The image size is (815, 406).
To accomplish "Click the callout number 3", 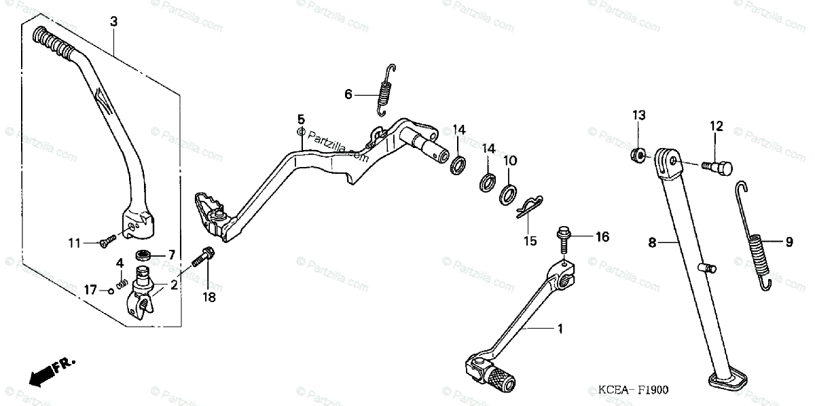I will click(x=113, y=22).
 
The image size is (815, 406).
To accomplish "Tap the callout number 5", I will click(x=301, y=119).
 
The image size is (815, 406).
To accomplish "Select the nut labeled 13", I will click(x=638, y=154).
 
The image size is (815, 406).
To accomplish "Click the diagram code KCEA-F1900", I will click(x=634, y=390).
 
